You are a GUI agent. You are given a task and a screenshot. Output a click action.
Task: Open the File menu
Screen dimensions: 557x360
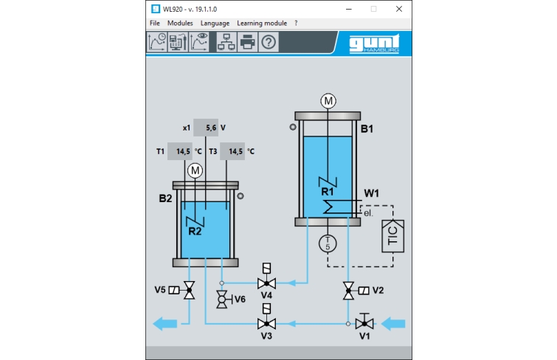(154, 23)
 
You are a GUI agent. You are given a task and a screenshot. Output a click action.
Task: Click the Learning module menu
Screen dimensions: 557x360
(262, 23)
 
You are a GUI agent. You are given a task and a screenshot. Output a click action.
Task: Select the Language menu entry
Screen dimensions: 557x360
(215, 23)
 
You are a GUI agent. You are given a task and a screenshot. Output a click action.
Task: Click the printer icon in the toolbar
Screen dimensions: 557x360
(248, 42)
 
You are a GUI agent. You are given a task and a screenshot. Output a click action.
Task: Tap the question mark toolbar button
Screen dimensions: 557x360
(269, 42)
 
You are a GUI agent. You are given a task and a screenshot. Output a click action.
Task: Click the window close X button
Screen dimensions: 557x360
(399, 9)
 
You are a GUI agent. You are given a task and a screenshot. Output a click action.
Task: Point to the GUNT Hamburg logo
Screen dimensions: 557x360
(374, 44)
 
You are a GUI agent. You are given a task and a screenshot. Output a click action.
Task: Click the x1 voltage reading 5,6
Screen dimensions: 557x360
(206, 128)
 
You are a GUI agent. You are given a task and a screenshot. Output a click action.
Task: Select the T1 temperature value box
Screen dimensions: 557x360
(180, 151)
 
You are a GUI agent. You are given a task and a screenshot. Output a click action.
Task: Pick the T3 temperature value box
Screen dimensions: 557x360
(232, 151)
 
